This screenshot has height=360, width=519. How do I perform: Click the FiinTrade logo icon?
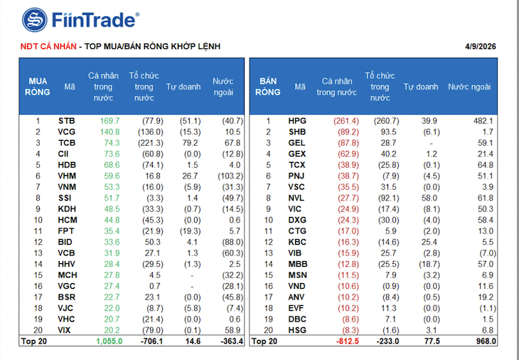34,20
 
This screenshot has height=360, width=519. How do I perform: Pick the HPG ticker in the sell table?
297,121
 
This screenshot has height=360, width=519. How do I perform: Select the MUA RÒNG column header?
38,86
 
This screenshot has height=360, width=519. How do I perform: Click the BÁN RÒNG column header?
268,86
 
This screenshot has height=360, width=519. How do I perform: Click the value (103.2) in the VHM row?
230,176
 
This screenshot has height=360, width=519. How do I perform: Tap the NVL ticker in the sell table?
297,198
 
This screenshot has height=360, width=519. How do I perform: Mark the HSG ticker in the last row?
297,330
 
